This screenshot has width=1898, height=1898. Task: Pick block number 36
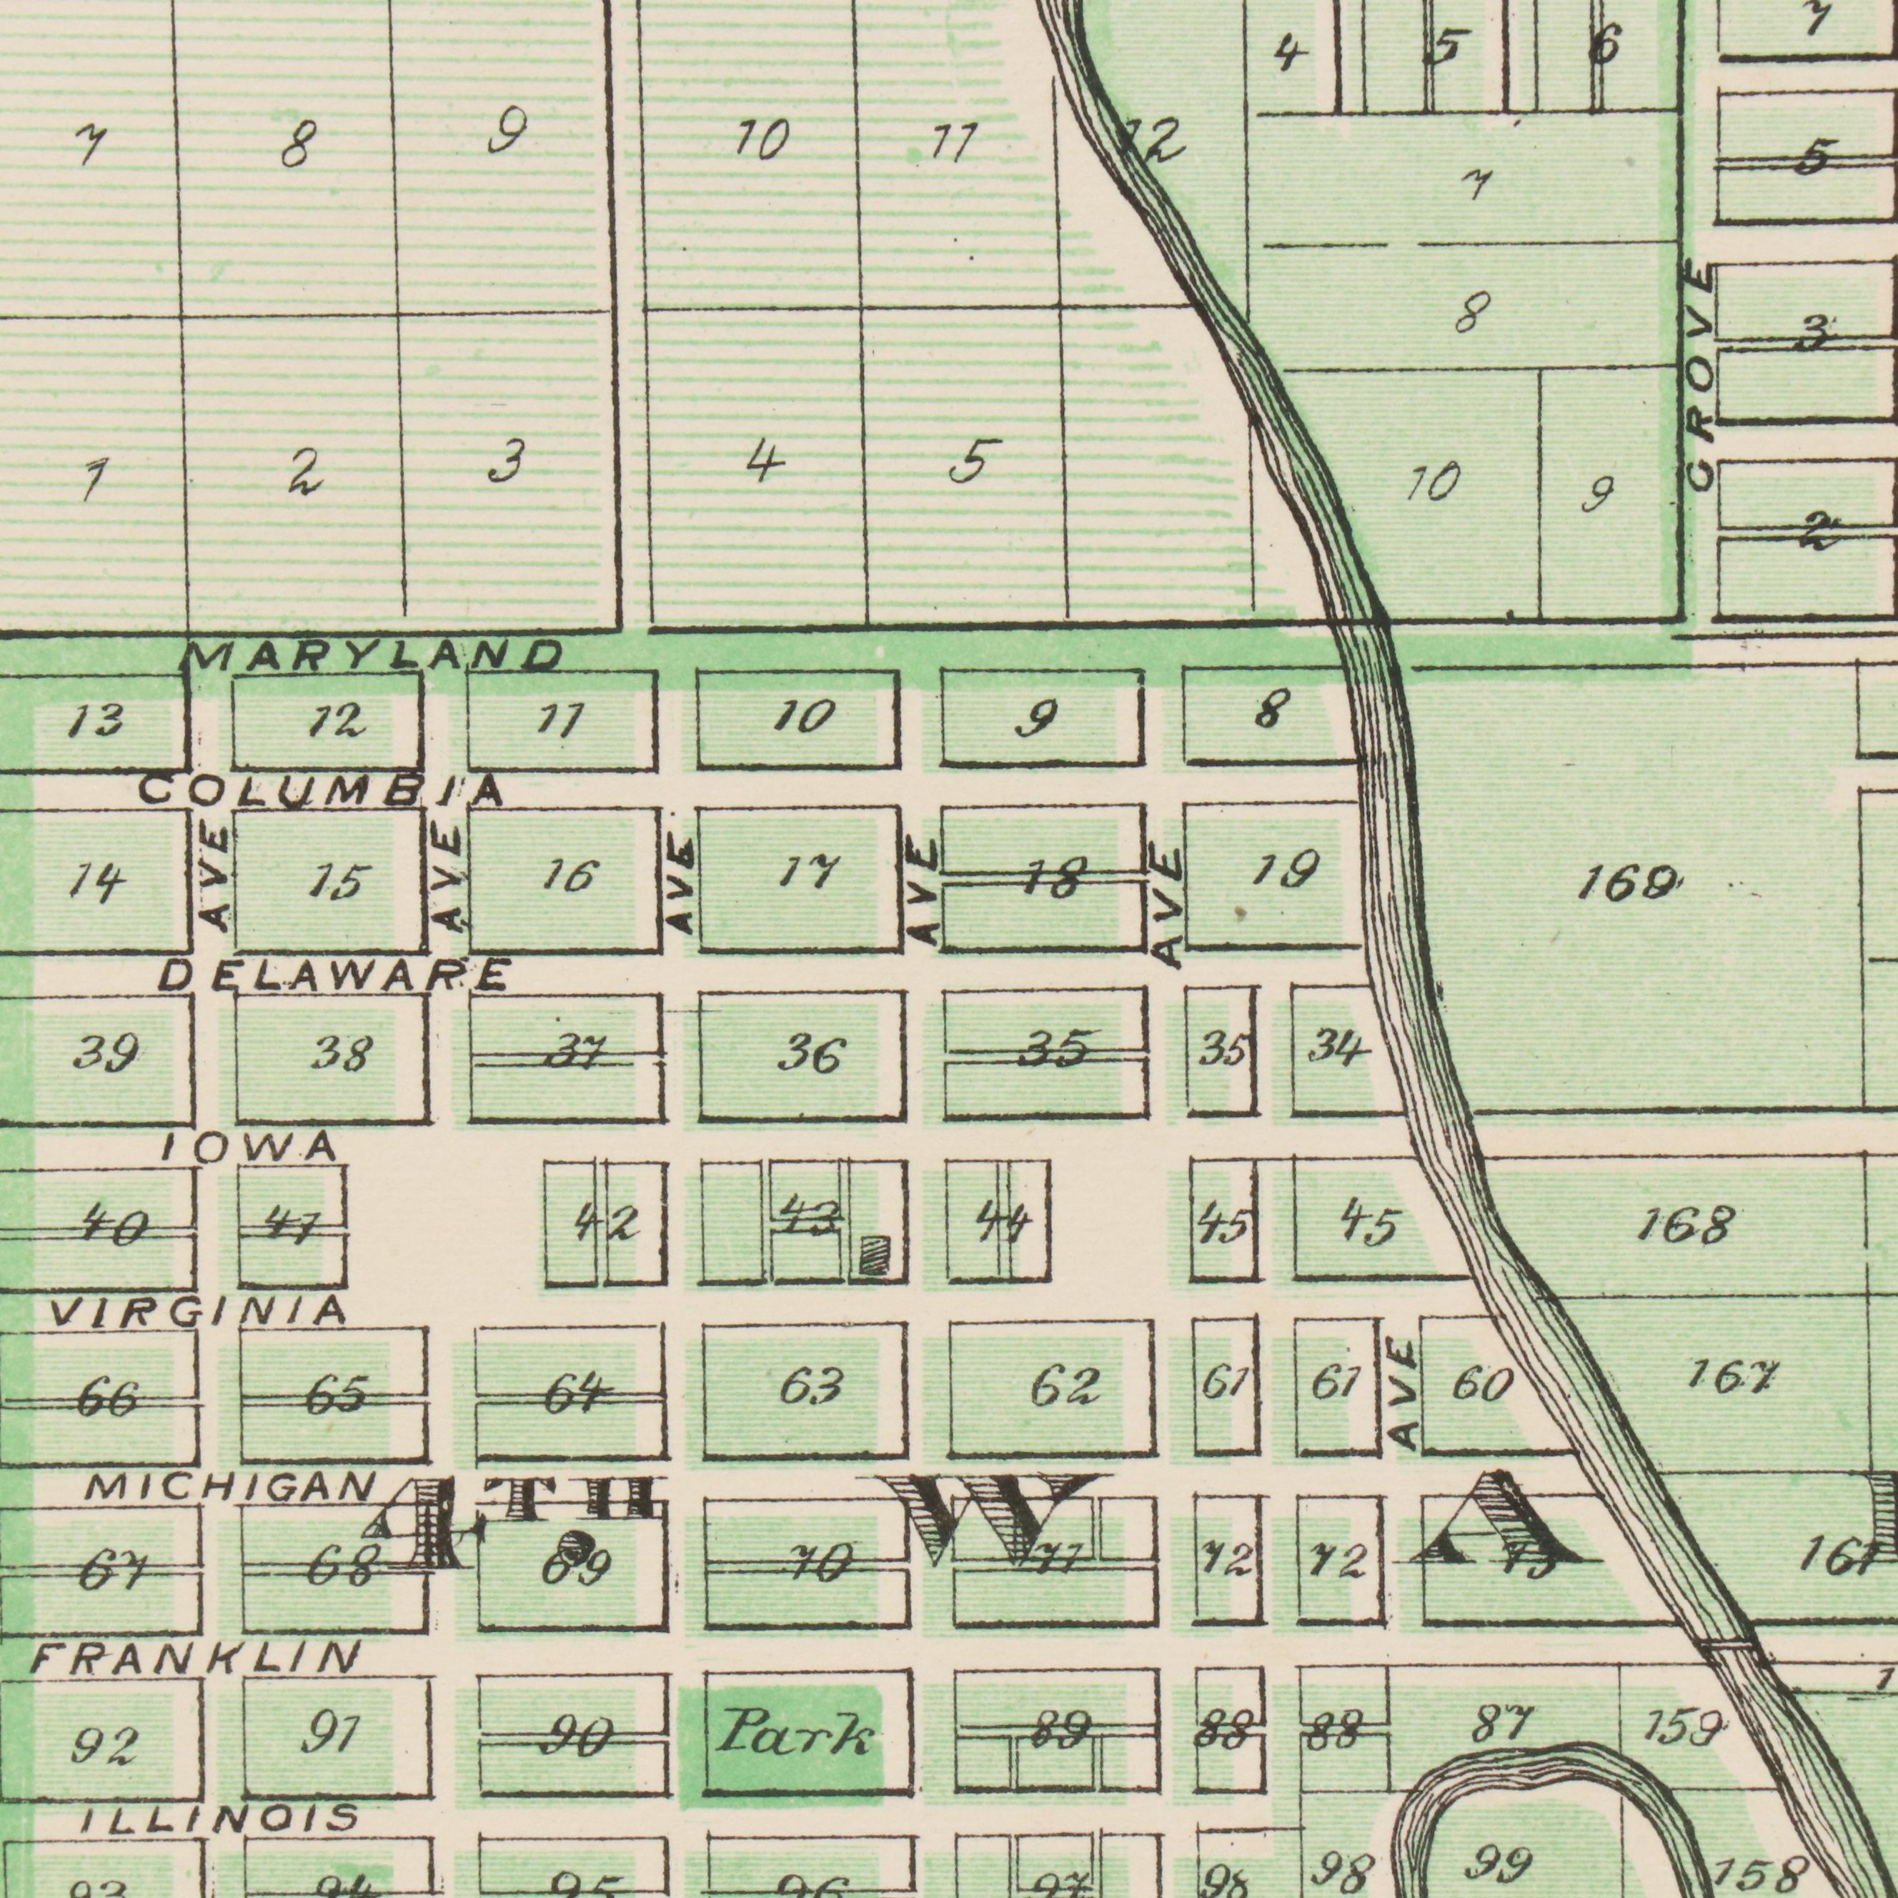pos(813,1057)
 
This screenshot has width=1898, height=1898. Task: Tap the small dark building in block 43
pos(873,1258)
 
